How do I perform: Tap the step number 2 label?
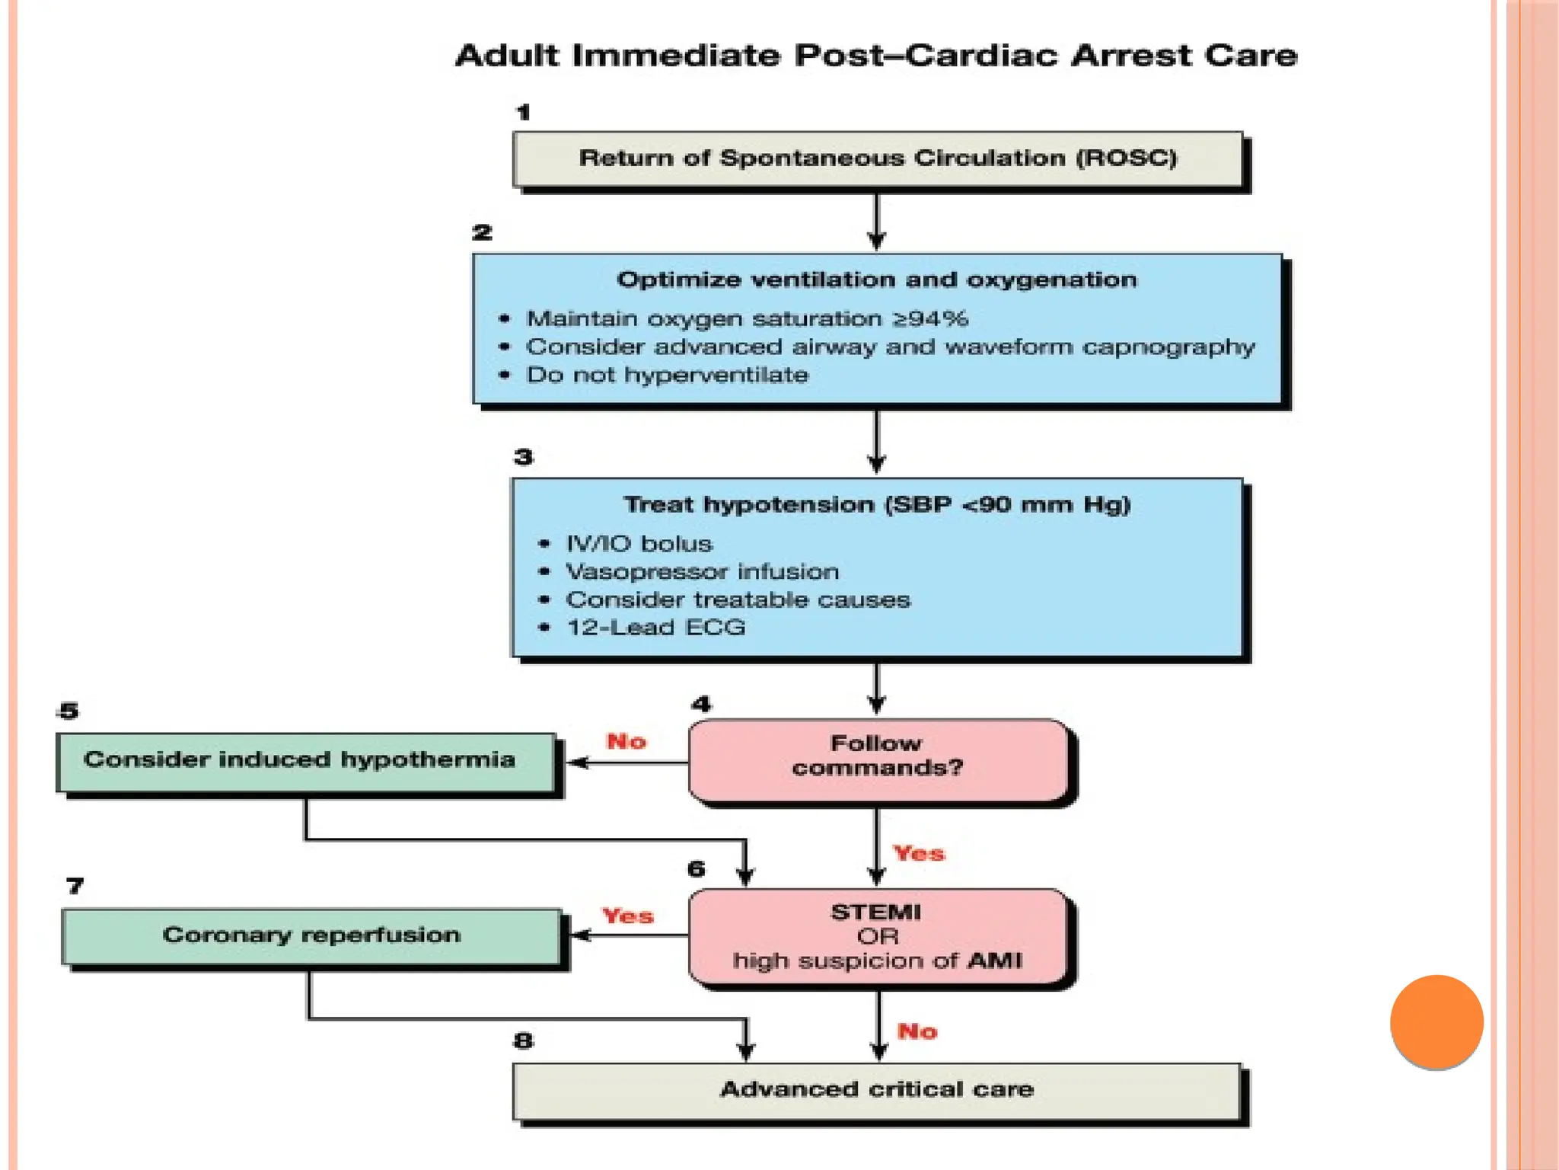pyautogui.click(x=482, y=232)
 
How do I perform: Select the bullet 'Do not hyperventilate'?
pyautogui.click(x=667, y=375)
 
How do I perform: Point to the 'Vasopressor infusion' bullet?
pyautogui.click(x=702, y=571)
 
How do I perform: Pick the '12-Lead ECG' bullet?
pyautogui.click(x=655, y=628)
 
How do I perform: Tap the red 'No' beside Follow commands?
pyautogui.click(x=626, y=741)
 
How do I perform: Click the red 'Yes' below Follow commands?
pyautogui.click(x=919, y=853)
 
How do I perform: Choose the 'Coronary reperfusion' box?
pyautogui.click(x=311, y=935)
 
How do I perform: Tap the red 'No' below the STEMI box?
pyautogui.click(x=917, y=1031)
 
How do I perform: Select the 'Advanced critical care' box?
pyautogui.click(x=877, y=1090)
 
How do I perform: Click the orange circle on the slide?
pyautogui.click(x=1436, y=1021)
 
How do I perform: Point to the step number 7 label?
pyautogui.click(x=75, y=886)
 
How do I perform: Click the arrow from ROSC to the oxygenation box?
pyautogui.click(x=876, y=220)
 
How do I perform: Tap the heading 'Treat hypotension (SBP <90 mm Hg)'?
pyautogui.click(x=877, y=504)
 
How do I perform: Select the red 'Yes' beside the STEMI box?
pyautogui.click(x=627, y=916)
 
